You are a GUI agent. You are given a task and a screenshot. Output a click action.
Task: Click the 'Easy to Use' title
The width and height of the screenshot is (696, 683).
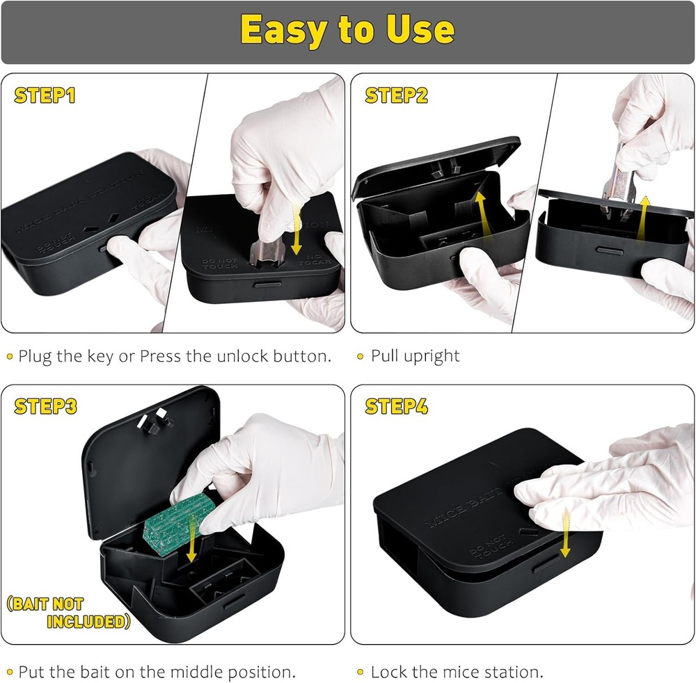347,29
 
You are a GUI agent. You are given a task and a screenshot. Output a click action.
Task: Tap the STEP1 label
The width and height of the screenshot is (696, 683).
45,95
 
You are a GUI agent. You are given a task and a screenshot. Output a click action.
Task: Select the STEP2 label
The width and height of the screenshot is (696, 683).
396,95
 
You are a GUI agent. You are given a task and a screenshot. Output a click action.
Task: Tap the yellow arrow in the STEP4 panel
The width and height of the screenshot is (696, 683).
564,532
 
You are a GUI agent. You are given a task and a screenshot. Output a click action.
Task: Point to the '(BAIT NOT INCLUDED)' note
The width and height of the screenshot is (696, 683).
69,613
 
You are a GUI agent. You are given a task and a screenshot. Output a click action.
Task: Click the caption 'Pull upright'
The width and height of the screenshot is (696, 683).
415,356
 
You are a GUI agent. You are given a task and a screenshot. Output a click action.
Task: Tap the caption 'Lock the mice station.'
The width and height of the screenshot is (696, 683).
457,672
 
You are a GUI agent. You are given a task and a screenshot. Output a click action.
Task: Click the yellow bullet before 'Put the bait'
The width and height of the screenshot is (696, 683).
10,672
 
